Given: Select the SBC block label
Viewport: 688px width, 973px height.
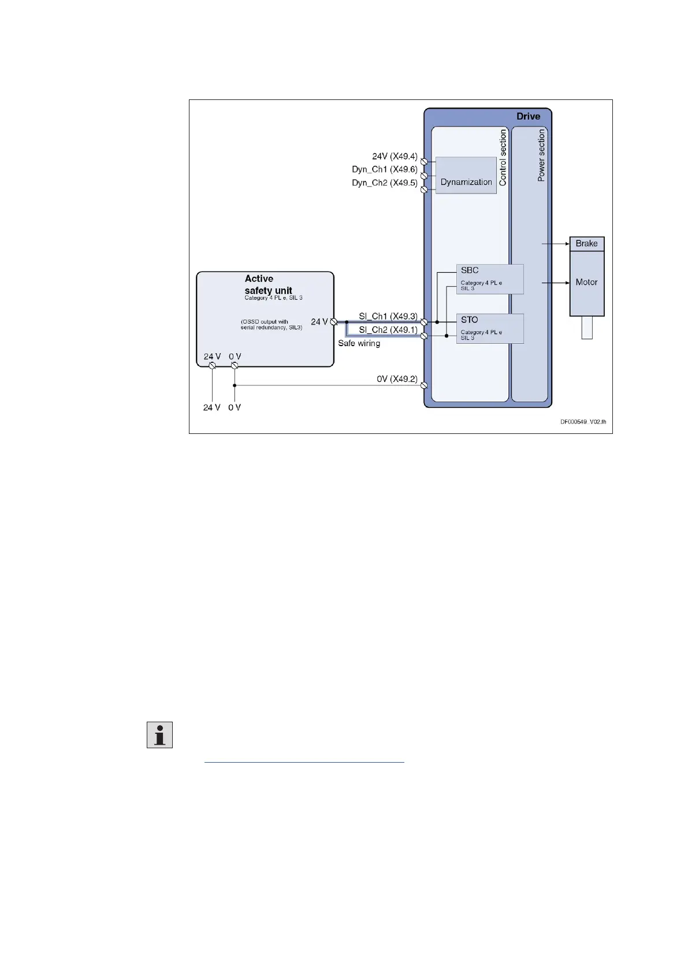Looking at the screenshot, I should click(x=470, y=270).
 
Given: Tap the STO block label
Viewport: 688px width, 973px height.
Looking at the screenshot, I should click(x=469, y=320).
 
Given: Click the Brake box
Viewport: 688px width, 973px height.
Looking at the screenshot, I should click(x=586, y=243).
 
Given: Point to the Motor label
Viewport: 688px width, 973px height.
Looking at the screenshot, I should click(x=586, y=282).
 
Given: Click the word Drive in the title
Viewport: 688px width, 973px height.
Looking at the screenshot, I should click(x=528, y=116).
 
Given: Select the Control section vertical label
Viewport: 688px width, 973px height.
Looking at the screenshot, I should click(x=503, y=157).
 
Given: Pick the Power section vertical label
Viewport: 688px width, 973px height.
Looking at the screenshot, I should click(x=541, y=155).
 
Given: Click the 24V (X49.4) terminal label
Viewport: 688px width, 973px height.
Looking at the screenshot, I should click(x=395, y=156).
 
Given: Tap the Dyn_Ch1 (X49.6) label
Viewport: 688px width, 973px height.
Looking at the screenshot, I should click(x=384, y=169).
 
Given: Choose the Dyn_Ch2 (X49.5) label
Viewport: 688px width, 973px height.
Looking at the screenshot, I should click(x=384, y=183).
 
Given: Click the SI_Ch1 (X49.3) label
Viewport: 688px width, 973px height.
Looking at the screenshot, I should click(x=388, y=316).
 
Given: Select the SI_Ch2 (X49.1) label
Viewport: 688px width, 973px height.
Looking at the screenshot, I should click(x=388, y=329).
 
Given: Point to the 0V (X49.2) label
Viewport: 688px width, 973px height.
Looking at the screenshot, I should click(x=397, y=379).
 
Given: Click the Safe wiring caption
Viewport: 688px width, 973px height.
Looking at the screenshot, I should click(x=359, y=343).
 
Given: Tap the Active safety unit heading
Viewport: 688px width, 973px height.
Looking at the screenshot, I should click(x=268, y=284).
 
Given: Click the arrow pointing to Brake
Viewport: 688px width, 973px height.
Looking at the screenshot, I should click(x=555, y=244).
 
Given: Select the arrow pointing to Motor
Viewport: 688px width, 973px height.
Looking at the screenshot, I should click(x=555, y=283).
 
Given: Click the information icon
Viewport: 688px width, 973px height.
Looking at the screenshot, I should click(x=159, y=735).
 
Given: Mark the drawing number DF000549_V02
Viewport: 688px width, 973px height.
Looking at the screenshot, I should click(x=582, y=422).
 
